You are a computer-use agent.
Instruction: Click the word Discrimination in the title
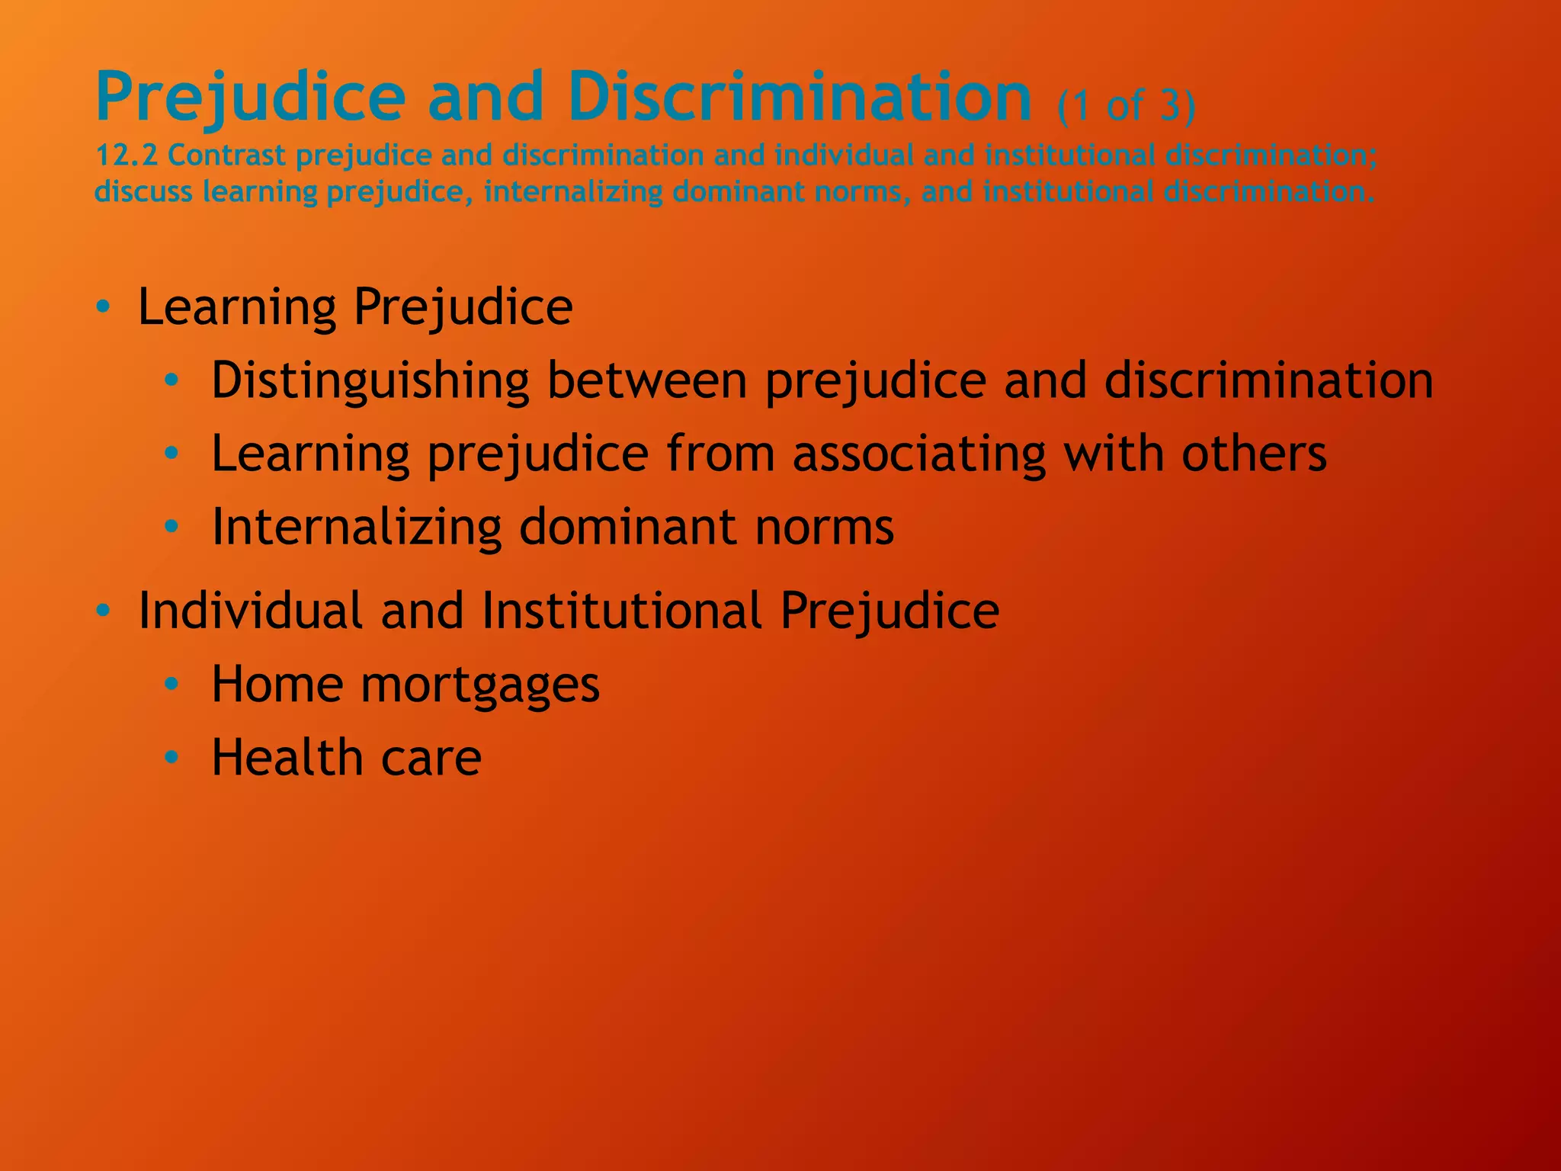coord(799,97)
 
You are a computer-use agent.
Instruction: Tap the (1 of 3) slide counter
coord(1127,105)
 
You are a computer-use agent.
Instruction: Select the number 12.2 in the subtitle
coord(126,156)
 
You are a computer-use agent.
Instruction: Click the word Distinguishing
coord(370,380)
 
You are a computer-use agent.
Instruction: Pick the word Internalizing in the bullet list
coord(356,527)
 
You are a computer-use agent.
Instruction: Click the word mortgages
coord(480,685)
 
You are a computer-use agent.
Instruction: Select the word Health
coord(287,758)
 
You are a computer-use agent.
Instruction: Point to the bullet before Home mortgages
coord(171,685)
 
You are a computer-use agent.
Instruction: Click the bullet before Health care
coord(171,758)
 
